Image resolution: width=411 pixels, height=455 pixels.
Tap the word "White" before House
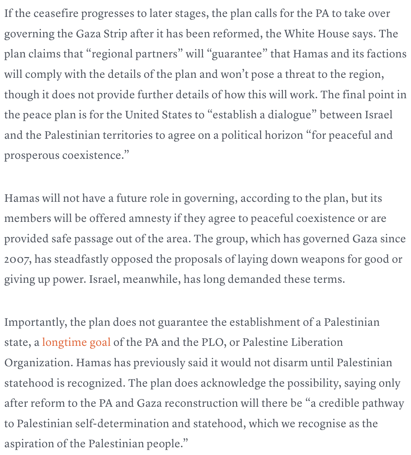300,34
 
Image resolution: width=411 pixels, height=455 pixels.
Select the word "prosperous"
32,156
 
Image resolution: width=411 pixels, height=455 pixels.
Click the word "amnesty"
150,218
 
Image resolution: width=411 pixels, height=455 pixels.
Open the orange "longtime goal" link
76,342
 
